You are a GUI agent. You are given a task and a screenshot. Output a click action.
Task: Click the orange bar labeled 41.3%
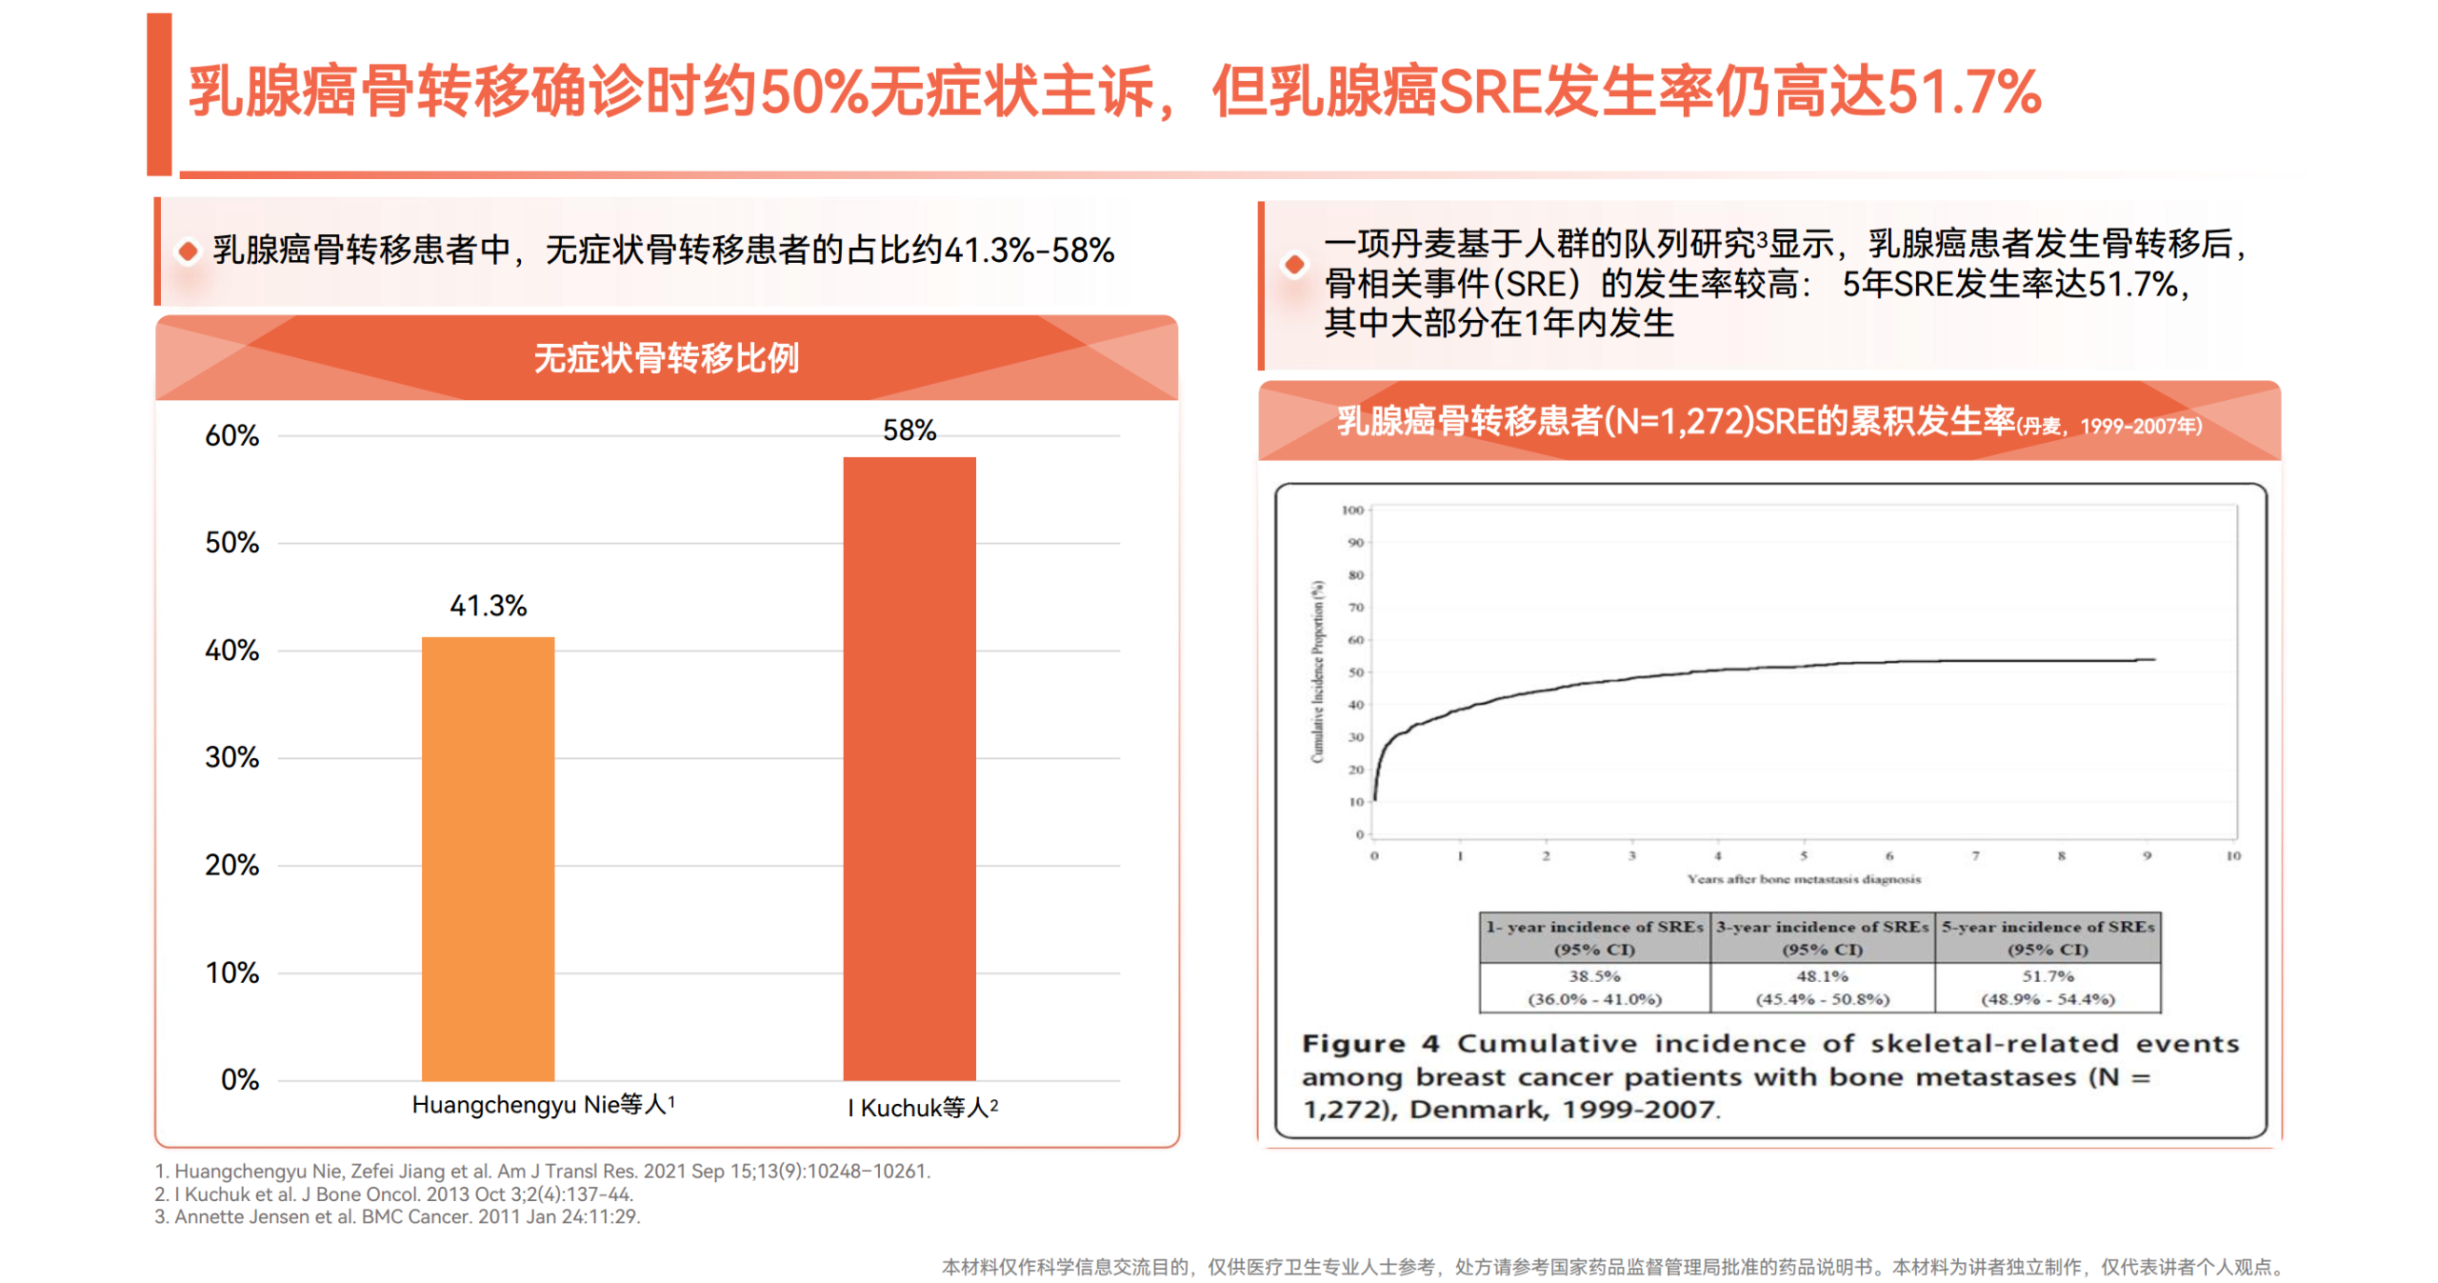(488, 857)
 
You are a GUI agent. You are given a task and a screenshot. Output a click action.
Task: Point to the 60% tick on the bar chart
(231, 436)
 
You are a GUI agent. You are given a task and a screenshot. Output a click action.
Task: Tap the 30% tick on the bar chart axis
(231, 758)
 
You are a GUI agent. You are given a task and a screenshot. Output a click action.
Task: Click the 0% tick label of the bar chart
(239, 1080)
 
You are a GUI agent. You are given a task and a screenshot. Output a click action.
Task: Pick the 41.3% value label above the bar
(488, 606)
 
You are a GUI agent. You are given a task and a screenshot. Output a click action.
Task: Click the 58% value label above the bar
(909, 431)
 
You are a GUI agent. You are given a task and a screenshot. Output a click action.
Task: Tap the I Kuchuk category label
(922, 1108)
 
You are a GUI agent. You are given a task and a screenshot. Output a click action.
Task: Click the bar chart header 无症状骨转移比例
(666, 358)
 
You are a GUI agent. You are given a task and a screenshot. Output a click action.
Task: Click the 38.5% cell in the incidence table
(1594, 976)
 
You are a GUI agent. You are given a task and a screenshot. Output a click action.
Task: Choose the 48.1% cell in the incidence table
(1822, 976)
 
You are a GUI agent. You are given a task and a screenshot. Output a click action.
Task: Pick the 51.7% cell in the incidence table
(2048, 976)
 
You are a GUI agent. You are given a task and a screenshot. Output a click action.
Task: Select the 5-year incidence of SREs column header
(2048, 937)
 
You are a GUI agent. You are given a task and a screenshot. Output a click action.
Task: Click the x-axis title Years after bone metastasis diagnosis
(1804, 879)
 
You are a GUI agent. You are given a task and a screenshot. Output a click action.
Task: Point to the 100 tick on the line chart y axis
(1352, 511)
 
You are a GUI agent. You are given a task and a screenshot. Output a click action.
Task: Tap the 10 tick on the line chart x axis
(2232, 856)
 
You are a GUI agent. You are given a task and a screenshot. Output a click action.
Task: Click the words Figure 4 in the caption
(1369, 1044)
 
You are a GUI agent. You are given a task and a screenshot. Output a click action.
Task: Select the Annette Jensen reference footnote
(397, 1216)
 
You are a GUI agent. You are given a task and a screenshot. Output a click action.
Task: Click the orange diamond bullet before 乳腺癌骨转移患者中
(189, 251)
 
